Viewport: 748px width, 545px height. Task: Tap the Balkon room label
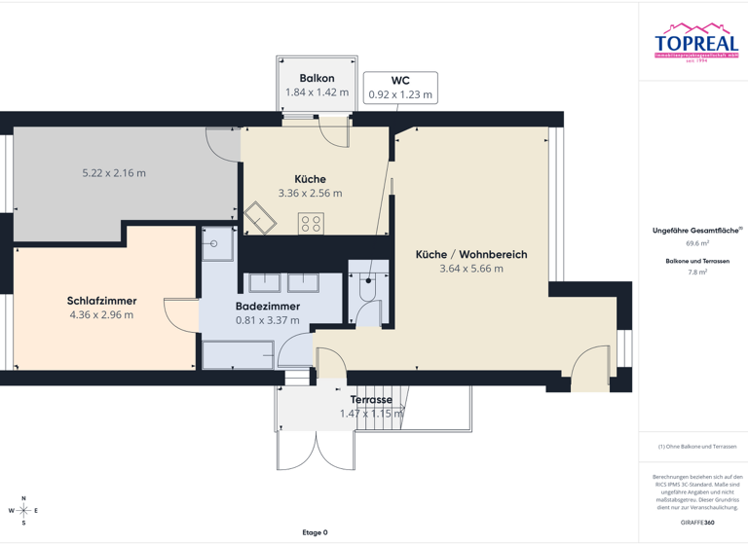317,78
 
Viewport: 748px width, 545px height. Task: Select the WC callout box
400,88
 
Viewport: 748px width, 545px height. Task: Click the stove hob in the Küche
311,224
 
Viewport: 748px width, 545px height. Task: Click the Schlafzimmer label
101,301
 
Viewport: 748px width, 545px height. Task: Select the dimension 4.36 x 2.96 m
101,315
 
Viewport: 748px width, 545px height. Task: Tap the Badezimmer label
268,306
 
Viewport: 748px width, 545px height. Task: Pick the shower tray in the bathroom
218,244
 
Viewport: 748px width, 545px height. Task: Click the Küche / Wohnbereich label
471,254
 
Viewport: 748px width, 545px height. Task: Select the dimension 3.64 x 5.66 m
471,269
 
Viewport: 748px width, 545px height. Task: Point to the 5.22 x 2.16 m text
114,173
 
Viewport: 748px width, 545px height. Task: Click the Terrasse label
371,400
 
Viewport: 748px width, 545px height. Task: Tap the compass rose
23,510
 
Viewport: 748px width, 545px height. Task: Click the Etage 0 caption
315,532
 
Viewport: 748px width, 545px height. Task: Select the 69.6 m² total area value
696,243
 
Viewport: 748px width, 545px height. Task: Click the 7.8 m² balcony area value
696,273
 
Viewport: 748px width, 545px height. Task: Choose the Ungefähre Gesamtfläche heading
695,231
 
